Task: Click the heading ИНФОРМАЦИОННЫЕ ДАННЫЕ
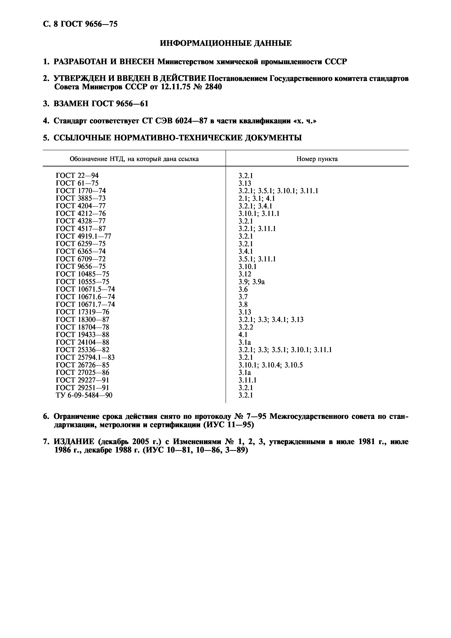pyautogui.click(x=226, y=43)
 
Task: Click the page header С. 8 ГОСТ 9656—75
pyautogui.click(x=80, y=24)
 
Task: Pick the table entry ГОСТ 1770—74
pyautogui.click(x=81, y=191)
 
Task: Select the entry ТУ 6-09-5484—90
pyautogui.click(x=84, y=395)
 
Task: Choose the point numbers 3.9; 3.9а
pyautogui.click(x=251, y=282)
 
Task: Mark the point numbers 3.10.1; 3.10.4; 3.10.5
pyautogui.click(x=270, y=365)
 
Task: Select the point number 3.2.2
pyautogui.click(x=246, y=327)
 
